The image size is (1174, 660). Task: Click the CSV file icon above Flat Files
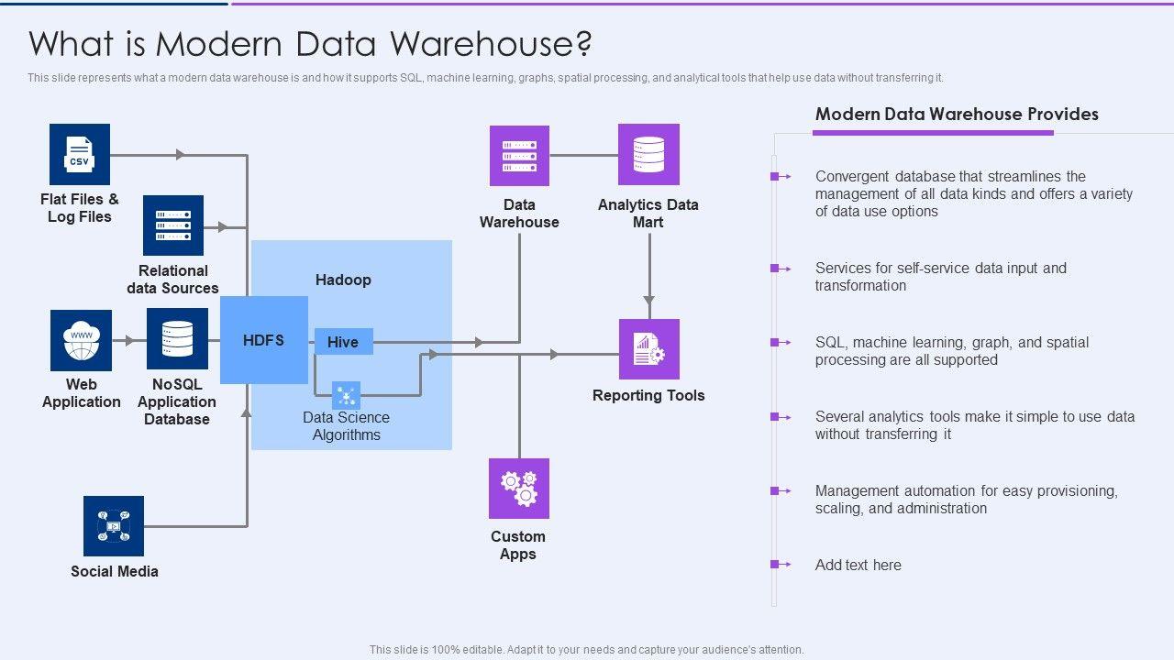pos(80,154)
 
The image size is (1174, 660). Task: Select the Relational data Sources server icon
pos(173,225)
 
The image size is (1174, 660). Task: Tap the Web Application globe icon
pos(81,340)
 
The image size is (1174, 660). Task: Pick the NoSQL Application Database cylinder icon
pos(177,339)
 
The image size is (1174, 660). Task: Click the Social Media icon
pos(114,526)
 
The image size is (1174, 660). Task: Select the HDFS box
pos(264,340)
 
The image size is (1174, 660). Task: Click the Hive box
pos(343,342)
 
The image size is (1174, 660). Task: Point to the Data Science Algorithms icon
pos(346,396)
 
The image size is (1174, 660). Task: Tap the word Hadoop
pos(343,280)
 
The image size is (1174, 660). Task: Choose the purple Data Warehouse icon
pos(519,156)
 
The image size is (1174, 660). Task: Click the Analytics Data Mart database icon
pos(648,155)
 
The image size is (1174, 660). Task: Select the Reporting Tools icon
pos(649,349)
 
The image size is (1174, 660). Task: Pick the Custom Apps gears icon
pos(519,489)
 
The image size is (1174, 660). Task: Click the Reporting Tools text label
pos(648,395)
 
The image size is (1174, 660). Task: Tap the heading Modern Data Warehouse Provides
pos(957,115)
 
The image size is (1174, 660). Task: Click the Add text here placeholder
pos(858,565)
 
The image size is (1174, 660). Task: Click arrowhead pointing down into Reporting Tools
pos(649,300)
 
